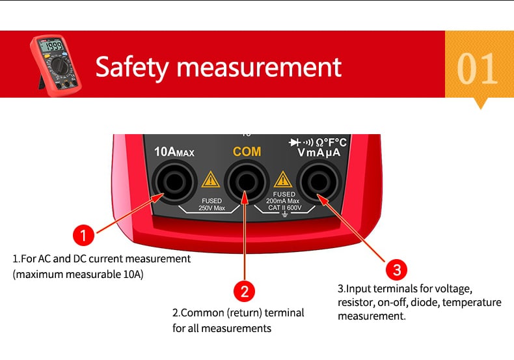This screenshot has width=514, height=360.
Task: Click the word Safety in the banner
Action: click(132, 68)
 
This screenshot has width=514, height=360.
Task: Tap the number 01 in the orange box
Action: click(478, 68)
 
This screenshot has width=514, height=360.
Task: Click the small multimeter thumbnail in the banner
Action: click(55, 65)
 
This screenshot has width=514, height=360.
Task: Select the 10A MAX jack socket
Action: click(174, 182)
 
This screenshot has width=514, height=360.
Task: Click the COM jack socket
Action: click(247, 182)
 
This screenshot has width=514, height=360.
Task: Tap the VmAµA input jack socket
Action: click(319, 182)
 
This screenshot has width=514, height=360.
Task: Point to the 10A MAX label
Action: click(174, 152)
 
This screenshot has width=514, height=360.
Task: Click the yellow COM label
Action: click(247, 152)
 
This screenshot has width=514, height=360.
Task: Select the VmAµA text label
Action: click(319, 152)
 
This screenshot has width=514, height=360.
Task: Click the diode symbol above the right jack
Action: click(294, 143)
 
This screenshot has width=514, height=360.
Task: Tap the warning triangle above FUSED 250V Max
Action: click(210, 179)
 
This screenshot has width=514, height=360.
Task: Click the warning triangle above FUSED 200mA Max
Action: click(282, 179)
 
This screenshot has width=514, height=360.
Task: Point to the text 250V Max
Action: click(211, 208)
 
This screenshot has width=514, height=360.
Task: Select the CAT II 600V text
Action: click(284, 208)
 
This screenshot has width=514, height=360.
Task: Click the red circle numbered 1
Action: click(83, 235)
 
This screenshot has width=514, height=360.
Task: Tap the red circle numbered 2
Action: click(244, 291)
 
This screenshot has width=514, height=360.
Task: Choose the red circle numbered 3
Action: click(396, 270)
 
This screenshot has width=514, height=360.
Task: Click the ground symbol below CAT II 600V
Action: click(285, 214)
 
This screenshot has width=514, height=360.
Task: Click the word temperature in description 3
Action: click(472, 302)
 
